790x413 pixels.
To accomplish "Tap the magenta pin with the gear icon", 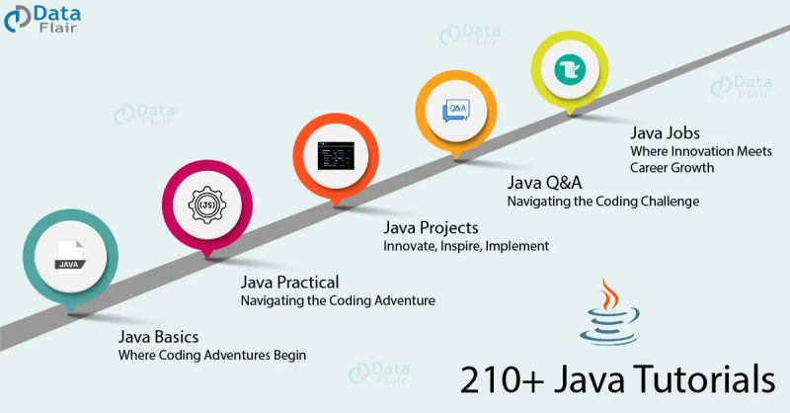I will [206, 206].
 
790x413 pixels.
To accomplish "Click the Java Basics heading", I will [158, 337].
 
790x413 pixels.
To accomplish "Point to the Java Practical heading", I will [290, 283].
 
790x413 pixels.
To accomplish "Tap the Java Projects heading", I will [431, 228].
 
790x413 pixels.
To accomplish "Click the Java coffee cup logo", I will [613, 314].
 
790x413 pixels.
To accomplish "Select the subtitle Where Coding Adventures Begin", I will [212, 355].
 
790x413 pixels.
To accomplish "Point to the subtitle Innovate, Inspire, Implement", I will [466, 246].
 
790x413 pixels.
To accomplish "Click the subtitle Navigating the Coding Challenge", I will [603, 201].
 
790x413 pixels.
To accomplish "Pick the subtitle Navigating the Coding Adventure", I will [338, 300].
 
